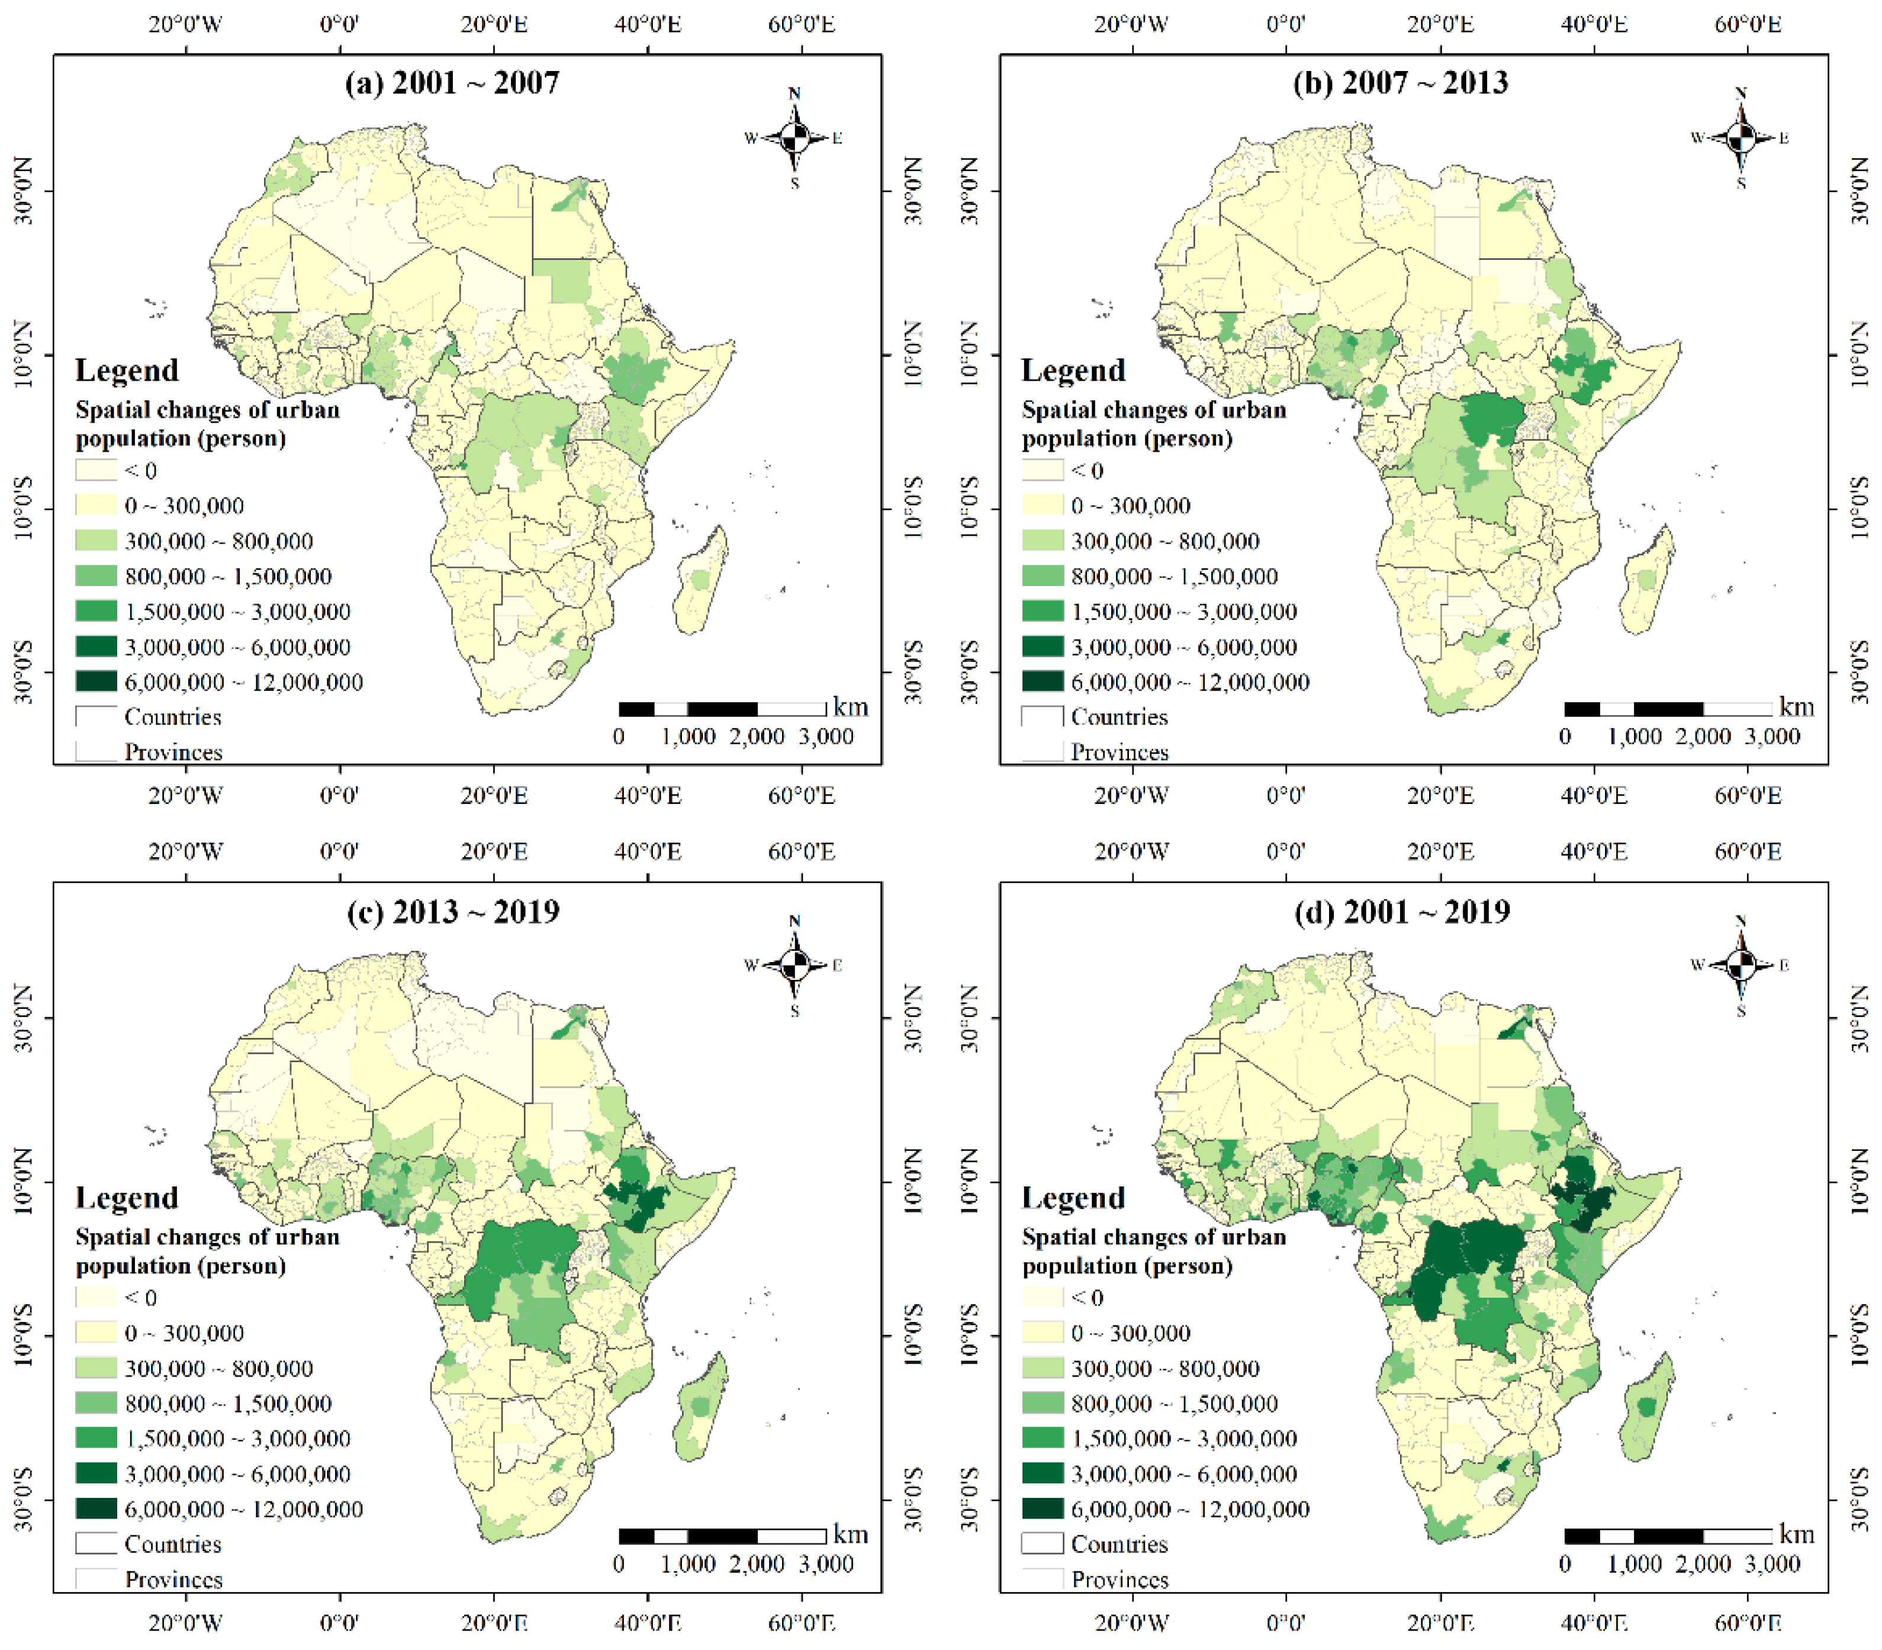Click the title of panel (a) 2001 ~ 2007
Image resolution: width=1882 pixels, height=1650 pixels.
point(452,83)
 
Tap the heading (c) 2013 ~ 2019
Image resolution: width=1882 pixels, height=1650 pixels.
point(452,912)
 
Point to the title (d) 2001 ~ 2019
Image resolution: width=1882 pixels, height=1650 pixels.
point(1401,912)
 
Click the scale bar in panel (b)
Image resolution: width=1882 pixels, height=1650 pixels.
point(1668,709)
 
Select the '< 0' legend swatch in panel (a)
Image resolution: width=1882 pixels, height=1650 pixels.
point(96,471)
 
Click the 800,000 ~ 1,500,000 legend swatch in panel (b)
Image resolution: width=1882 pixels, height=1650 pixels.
point(1043,577)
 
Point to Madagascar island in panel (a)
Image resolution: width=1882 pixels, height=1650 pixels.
point(700,580)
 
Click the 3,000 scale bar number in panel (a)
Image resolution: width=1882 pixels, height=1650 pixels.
point(826,736)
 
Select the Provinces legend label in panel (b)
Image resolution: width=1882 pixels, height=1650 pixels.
point(1119,752)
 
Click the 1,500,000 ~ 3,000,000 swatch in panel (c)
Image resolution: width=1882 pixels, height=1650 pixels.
point(96,1438)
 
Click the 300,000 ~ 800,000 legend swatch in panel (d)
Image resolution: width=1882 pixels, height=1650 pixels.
point(1043,1368)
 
